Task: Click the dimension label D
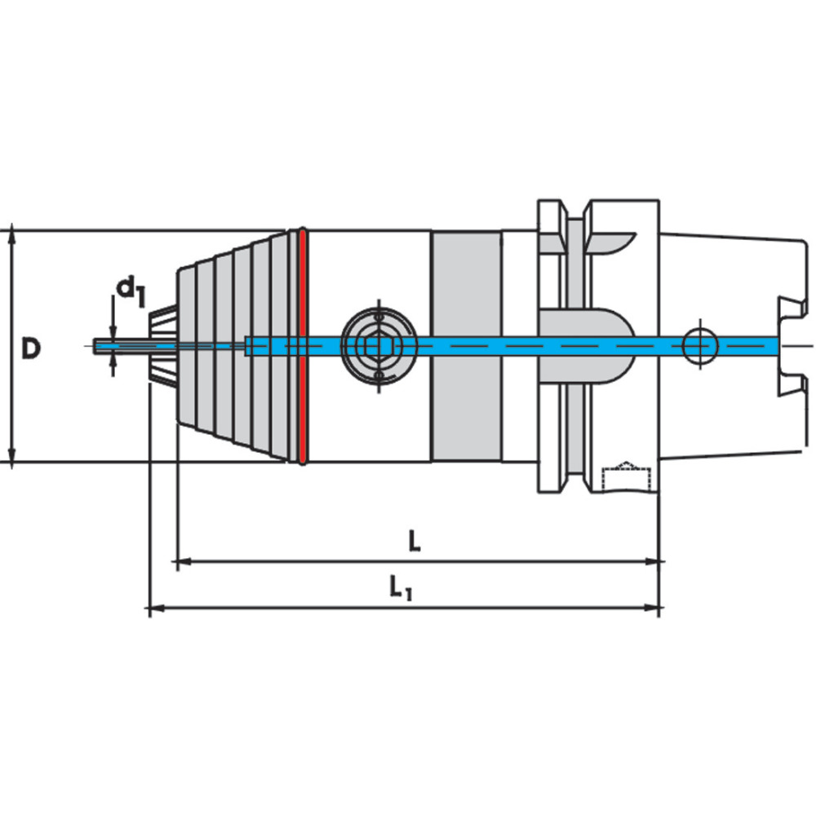point(30,348)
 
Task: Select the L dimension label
point(415,541)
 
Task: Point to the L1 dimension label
point(401,588)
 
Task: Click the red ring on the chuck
point(301,346)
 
